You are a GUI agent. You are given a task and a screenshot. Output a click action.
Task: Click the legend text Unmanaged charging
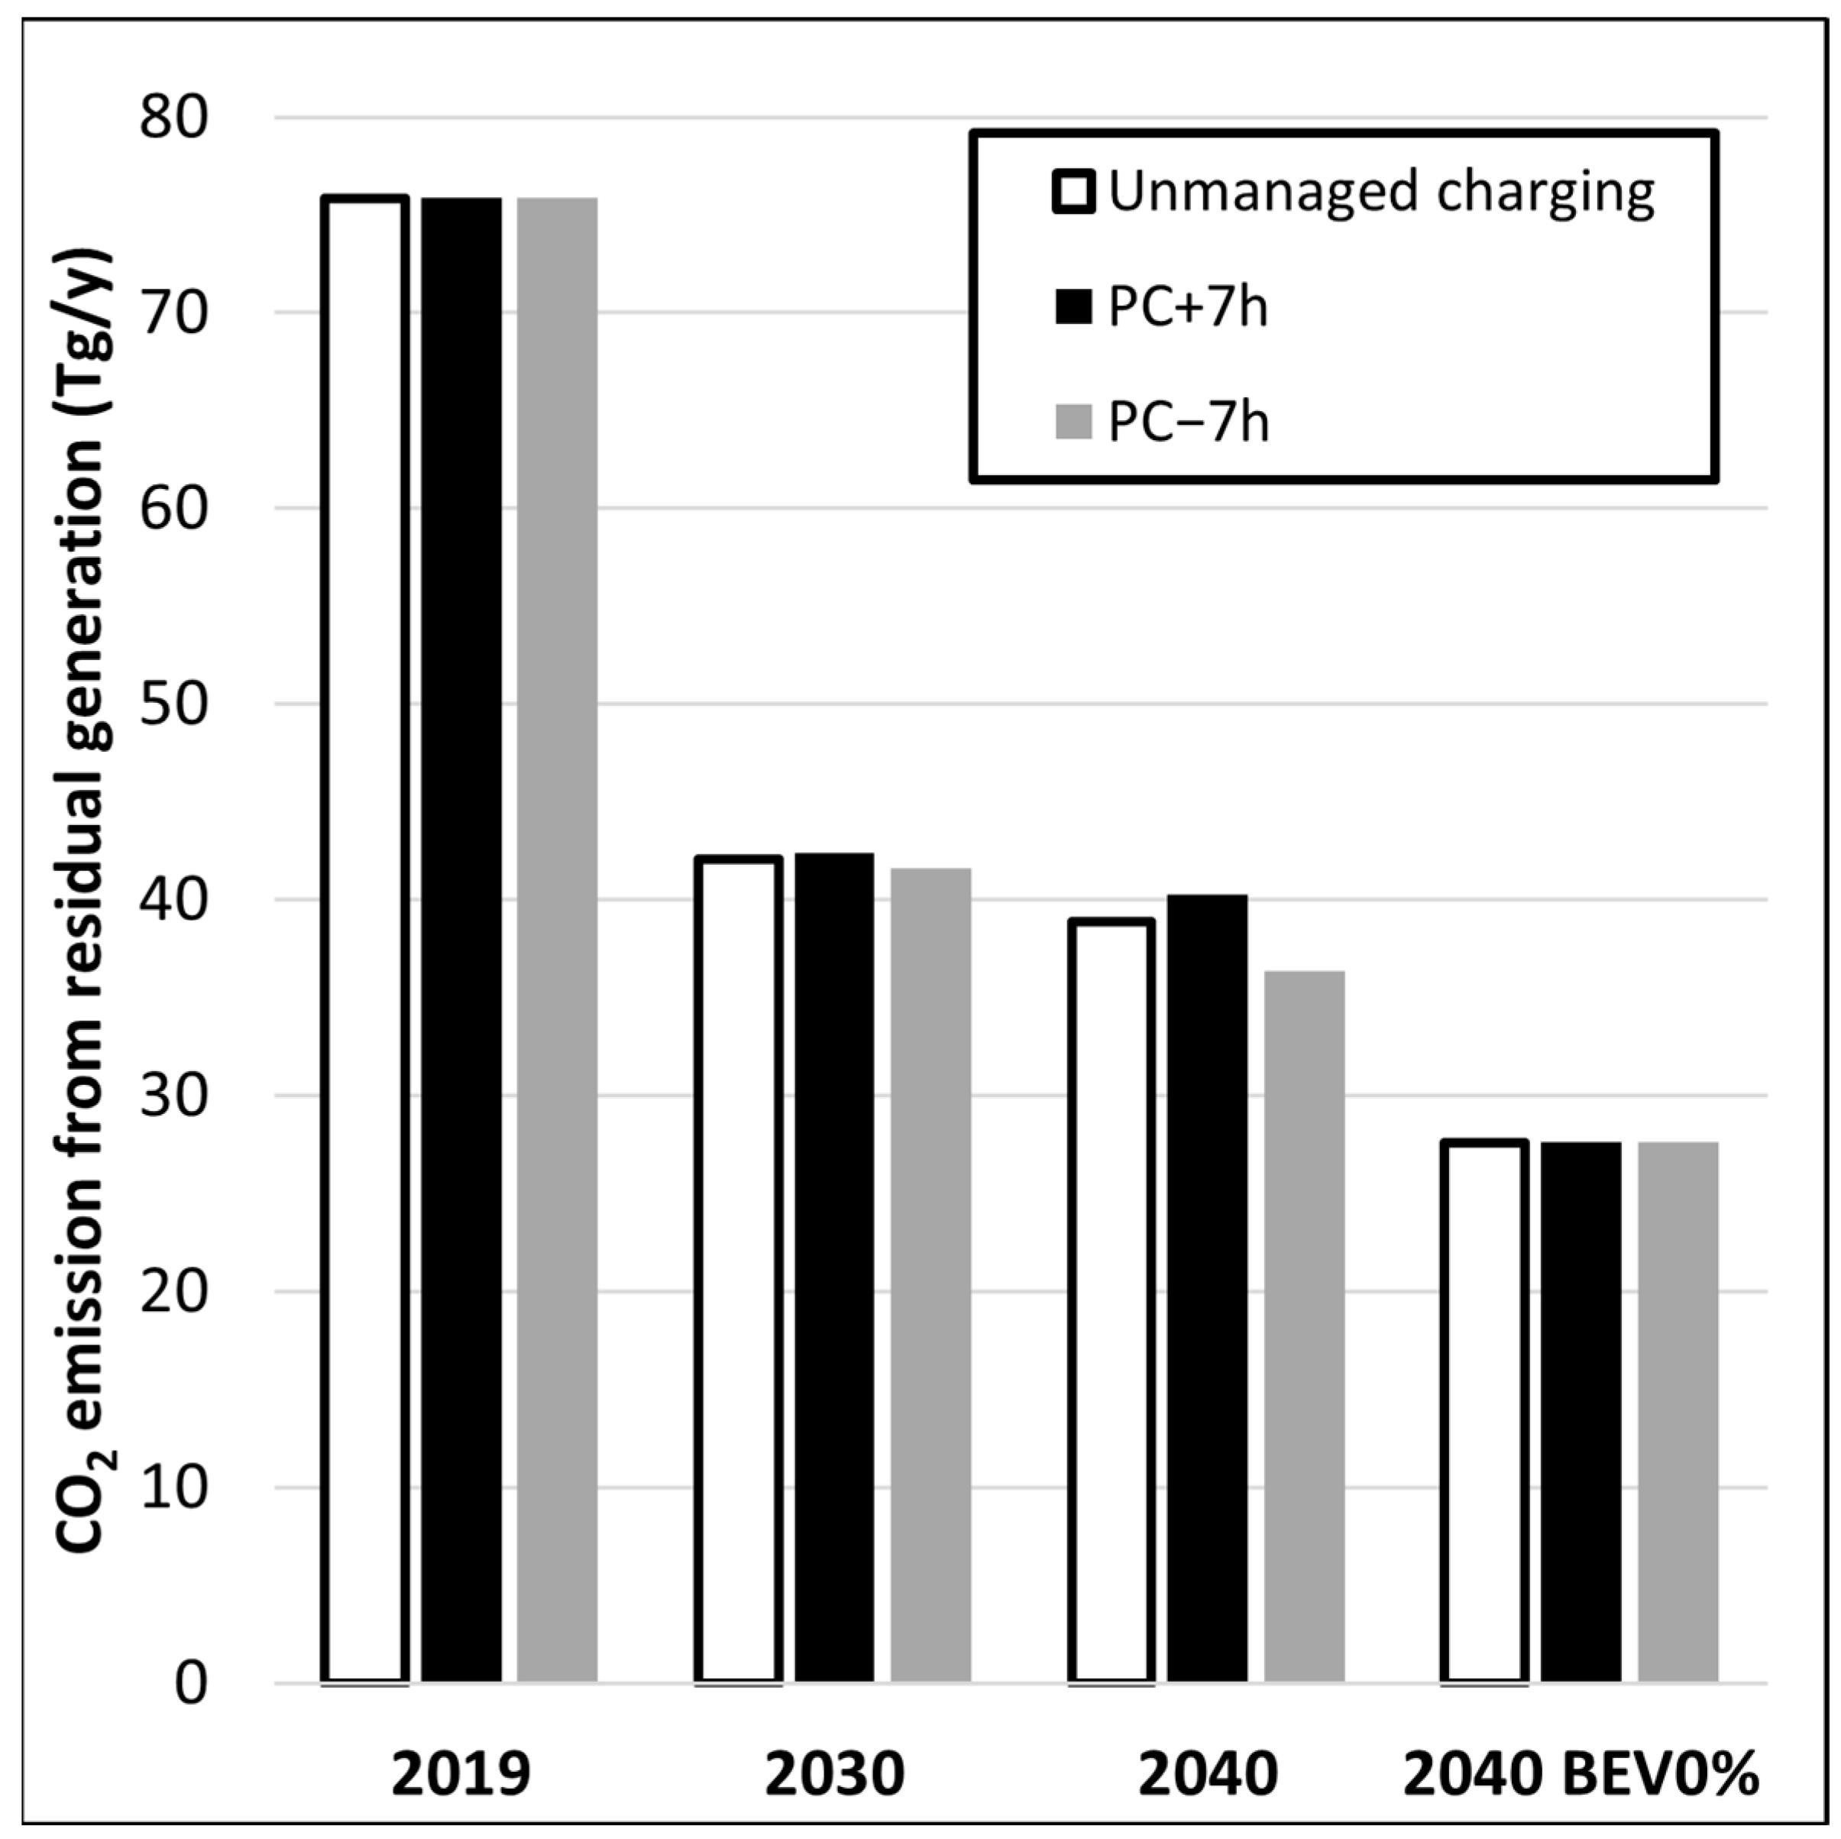pos(1381,193)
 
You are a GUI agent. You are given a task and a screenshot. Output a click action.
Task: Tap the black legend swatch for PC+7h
pos(1073,308)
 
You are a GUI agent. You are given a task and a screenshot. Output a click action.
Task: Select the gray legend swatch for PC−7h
pos(1073,422)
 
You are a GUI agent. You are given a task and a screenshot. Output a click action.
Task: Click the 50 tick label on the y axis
pos(173,706)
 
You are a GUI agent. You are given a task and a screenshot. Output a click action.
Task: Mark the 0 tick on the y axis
pos(190,1684)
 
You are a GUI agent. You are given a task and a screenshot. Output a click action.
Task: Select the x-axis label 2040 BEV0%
pos(1581,1775)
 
